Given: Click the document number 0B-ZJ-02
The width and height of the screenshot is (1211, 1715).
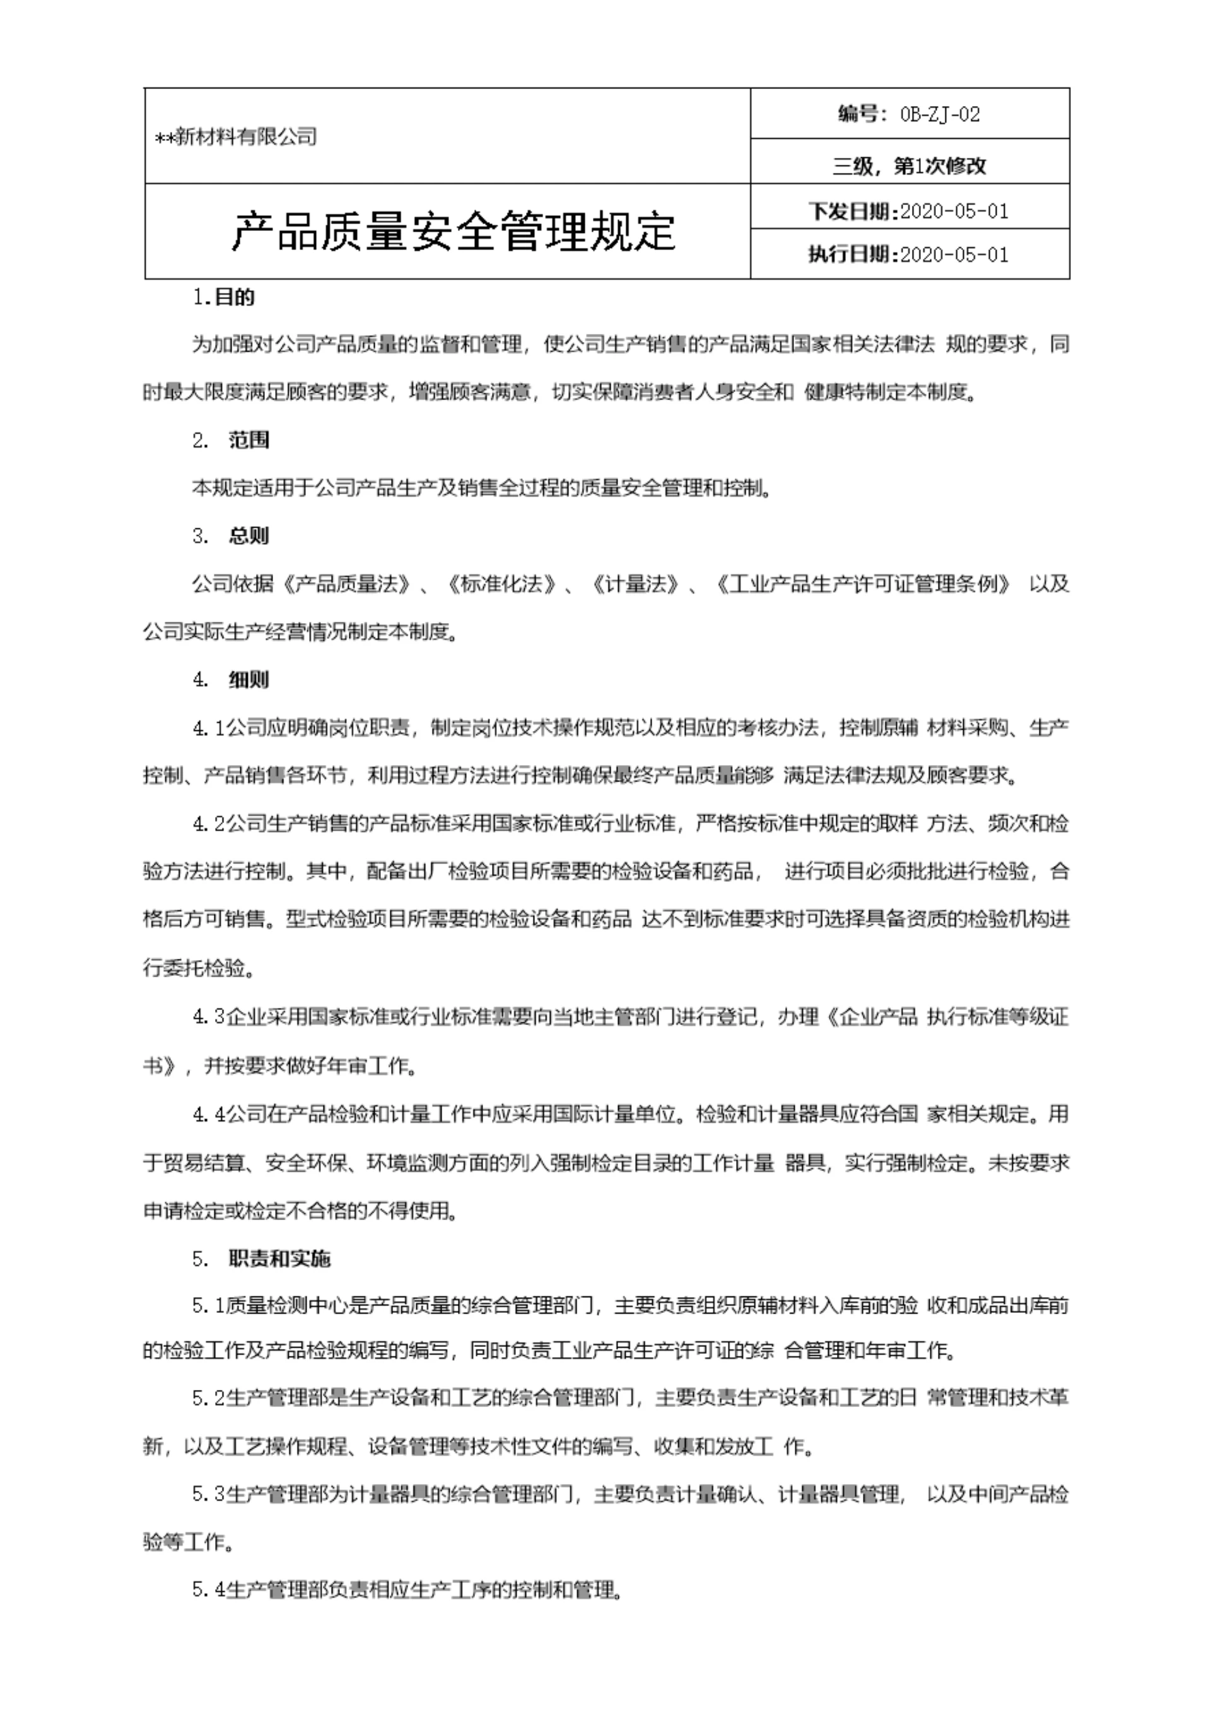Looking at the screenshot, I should point(940,114).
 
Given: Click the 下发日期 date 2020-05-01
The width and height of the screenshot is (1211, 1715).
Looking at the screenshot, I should point(954,211).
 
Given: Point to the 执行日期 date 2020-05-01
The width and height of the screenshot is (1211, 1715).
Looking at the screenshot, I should point(954,255).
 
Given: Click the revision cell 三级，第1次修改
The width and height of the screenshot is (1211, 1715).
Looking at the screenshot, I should point(910,166).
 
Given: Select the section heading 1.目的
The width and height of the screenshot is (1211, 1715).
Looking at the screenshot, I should point(223,297).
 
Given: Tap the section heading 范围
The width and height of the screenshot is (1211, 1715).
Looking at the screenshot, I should point(249,440).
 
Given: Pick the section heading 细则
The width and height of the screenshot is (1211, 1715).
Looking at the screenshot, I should point(249,680).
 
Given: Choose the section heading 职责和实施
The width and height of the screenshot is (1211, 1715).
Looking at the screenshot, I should point(279,1259).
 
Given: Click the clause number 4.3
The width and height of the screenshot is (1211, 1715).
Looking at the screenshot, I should point(208,1017).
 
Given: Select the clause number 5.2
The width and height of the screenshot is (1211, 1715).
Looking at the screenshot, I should point(208,1398).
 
